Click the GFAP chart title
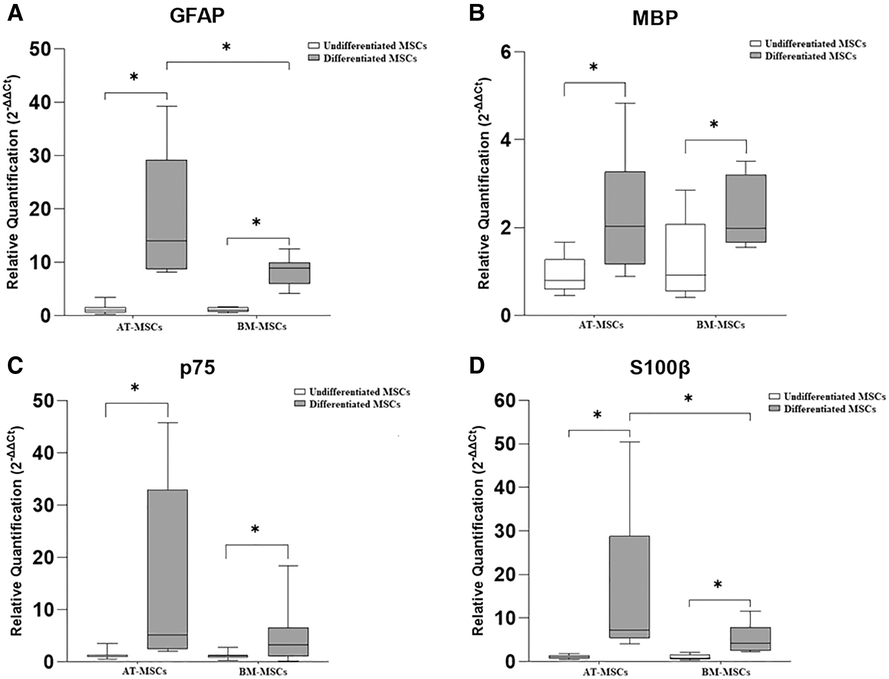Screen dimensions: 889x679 point(197,16)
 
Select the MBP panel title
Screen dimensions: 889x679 point(655,18)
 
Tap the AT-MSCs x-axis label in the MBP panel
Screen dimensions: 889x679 point(601,325)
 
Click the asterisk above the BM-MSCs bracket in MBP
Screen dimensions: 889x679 point(714,125)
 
